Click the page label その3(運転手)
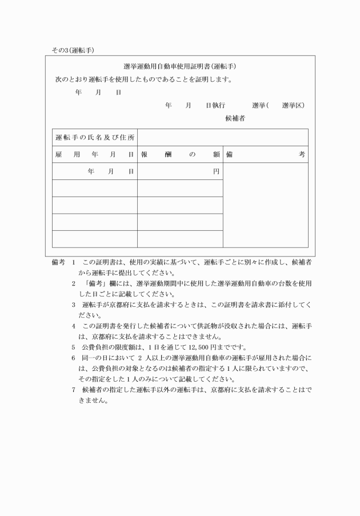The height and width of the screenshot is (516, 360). tap(73, 50)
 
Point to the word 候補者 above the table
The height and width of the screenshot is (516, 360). tap(235, 119)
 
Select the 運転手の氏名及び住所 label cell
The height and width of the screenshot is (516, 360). tap(95, 138)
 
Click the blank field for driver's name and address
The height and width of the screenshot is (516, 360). tap(222, 138)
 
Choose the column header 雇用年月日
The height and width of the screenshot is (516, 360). tap(95, 155)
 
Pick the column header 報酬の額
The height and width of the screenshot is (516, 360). tap(180, 155)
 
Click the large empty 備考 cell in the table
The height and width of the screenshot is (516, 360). tap(265, 206)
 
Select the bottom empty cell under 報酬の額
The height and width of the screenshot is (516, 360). tap(180, 239)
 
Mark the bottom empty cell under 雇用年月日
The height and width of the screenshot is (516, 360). tap(95, 239)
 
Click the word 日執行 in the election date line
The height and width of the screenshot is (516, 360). tap(215, 106)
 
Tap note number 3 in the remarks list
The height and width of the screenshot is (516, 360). tap(74, 305)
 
